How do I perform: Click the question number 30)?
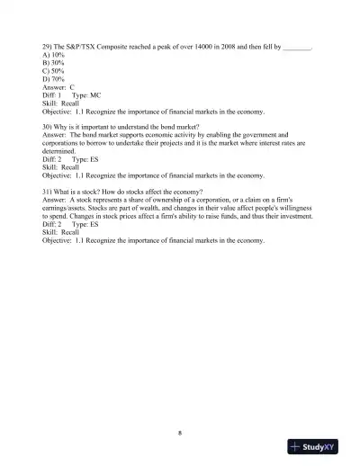pyautogui.click(x=47, y=127)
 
